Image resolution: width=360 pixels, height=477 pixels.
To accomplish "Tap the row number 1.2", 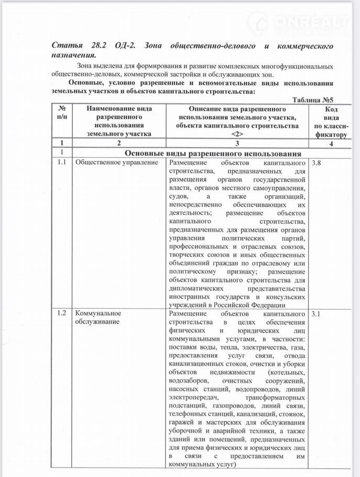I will tap(61, 313).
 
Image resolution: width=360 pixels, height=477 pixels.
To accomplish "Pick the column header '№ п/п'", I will tap(61, 113).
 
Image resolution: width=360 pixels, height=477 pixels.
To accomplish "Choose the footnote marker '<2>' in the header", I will tap(237, 134).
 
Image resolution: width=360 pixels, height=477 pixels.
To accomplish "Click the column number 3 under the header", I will tap(237, 143).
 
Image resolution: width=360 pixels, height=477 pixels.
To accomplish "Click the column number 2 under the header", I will tap(119, 143).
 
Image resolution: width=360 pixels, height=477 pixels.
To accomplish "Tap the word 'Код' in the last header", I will tap(331, 109).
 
